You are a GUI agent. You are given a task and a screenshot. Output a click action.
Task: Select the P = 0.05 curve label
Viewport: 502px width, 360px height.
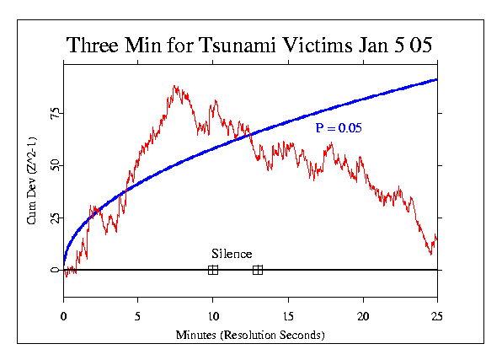coord(339,128)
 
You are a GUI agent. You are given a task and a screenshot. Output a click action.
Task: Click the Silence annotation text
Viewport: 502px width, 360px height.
coord(232,254)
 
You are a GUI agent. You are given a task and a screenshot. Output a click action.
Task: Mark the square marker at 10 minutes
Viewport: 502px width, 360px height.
coord(213,270)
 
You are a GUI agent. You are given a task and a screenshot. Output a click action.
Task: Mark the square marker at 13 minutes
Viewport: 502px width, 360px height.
coord(258,270)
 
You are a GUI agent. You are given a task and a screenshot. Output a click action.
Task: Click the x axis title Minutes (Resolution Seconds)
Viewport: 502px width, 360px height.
coord(250,335)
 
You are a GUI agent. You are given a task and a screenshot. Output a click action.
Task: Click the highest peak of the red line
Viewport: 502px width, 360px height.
coord(175,86)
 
